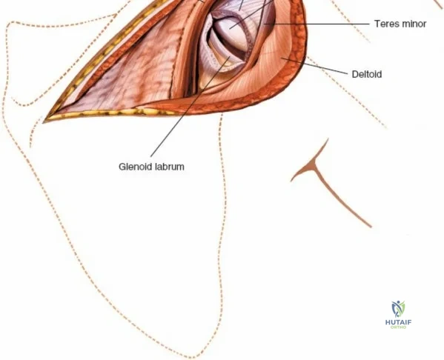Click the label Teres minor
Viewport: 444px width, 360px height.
pyautogui.click(x=400, y=24)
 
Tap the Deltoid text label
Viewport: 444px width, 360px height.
pyautogui.click(x=367, y=74)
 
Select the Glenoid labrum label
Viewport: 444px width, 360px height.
pyautogui.click(x=151, y=167)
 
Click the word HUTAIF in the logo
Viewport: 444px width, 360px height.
pyautogui.click(x=398, y=322)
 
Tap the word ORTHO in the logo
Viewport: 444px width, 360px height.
pyautogui.click(x=398, y=327)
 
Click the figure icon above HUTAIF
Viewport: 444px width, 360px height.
pyautogui.click(x=398, y=309)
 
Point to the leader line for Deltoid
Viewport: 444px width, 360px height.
pyautogui.click(x=314, y=66)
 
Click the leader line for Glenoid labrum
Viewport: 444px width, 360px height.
pyautogui.click(x=190, y=107)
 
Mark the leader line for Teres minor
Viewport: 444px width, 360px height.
pyautogui.click(x=317, y=24)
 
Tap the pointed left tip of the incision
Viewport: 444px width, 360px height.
pyautogui.click(x=43, y=122)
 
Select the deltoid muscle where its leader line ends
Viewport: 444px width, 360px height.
pyautogui.click(x=281, y=58)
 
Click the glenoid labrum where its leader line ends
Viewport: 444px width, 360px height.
pyautogui.click(x=230, y=56)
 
